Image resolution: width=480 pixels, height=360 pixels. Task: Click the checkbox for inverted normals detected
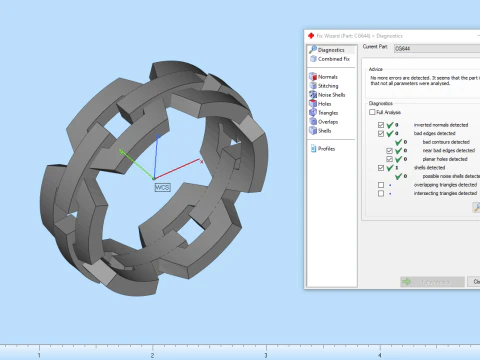(x=380, y=124)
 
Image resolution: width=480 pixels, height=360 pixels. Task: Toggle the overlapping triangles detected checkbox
(x=380, y=185)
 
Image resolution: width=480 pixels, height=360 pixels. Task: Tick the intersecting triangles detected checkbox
(x=380, y=194)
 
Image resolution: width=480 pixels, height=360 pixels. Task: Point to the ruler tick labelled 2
(x=152, y=355)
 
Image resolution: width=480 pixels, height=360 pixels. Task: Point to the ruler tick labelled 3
(x=265, y=355)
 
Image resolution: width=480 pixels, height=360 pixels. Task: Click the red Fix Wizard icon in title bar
(x=311, y=35)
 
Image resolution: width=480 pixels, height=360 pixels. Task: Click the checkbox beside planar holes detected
(x=389, y=159)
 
